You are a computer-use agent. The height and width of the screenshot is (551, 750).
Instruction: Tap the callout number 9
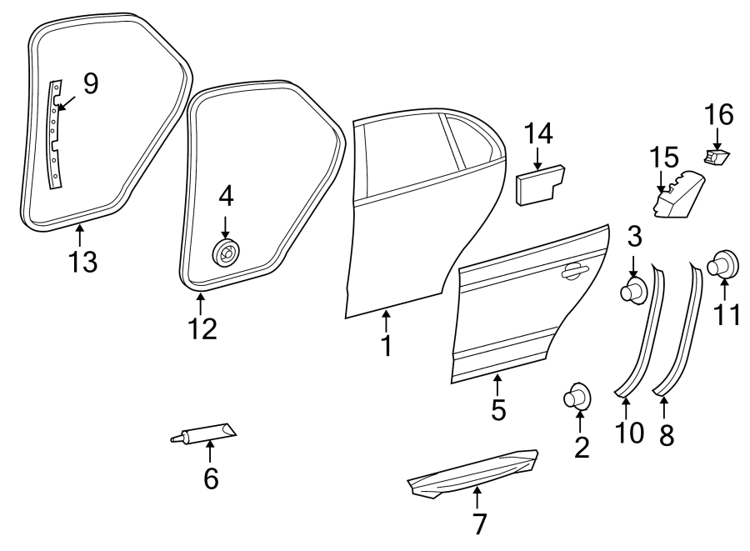pyautogui.click(x=90, y=83)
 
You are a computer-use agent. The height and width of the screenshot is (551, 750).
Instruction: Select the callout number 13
pyautogui.click(x=82, y=262)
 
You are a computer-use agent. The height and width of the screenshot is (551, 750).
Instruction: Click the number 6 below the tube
pyautogui.click(x=211, y=478)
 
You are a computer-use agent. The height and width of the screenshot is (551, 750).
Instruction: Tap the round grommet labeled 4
pyautogui.click(x=225, y=251)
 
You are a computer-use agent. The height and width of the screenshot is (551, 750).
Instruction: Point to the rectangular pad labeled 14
pyautogui.click(x=540, y=183)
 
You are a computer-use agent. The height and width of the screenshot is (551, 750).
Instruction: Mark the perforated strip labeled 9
pyautogui.click(x=54, y=133)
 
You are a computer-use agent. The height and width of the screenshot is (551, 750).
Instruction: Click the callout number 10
pyautogui.click(x=631, y=433)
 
